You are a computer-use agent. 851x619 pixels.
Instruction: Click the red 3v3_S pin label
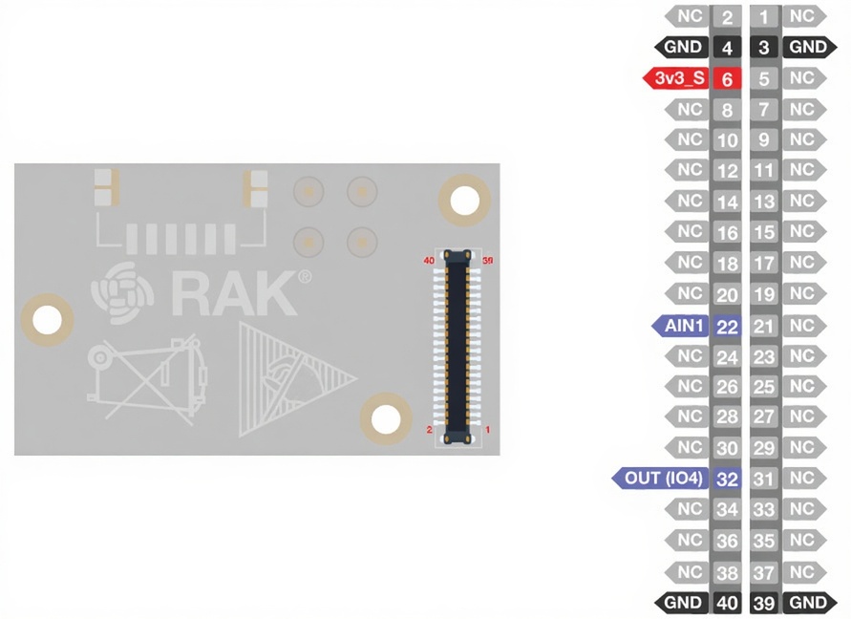pyautogui.click(x=680, y=78)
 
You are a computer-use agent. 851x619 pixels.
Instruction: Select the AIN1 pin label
pyautogui.click(x=683, y=327)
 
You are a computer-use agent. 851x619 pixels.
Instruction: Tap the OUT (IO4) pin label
pyautogui.click(x=663, y=478)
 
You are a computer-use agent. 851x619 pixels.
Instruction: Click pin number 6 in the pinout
pyautogui.click(x=727, y=79)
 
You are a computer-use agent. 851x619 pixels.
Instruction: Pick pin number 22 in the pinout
pyautogui.click(x=727, y=327)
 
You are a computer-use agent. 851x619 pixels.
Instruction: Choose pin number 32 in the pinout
pyautogui.click(x=727, y=479)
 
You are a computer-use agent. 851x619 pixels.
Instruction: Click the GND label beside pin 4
pyautogui.click(x=683, y=47)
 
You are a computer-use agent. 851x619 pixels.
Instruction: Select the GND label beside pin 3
pyautogui.click(x=808, y=47)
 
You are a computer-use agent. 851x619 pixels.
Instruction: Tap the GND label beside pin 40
pyautogui.click(x=683, y=603)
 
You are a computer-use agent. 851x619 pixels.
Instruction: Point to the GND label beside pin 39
pyautogui.click(x=808, y=603)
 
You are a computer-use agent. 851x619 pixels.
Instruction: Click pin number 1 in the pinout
pyautogui.click(x=764, y=16)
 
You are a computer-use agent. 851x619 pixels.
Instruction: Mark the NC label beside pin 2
pyautogui.click(x=689, y=16)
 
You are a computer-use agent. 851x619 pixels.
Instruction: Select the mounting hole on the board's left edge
pyautogui.click(x=47, y=320)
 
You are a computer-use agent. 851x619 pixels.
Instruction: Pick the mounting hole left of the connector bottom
pyautogui.click(x=386, y=419)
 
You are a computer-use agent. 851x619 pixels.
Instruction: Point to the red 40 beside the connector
pyautogui.click(x=429, y=260)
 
